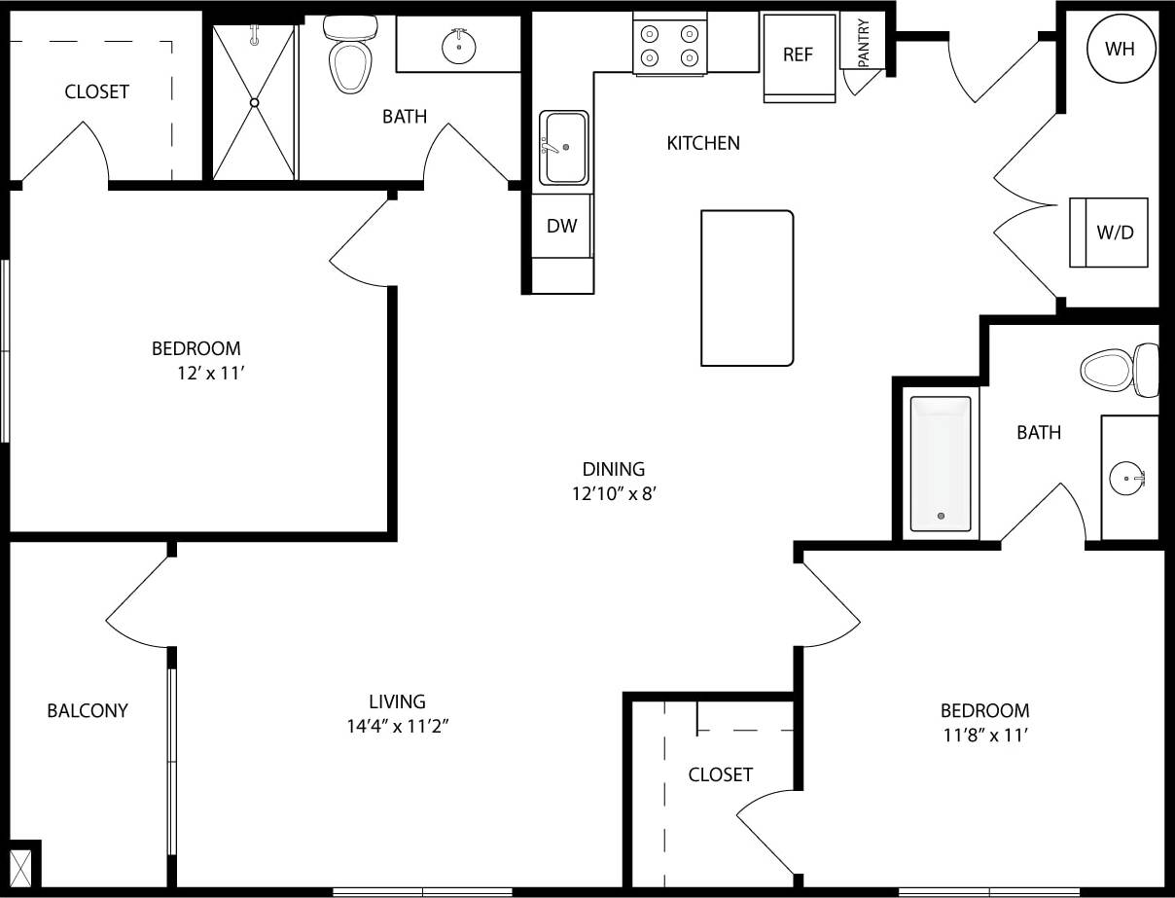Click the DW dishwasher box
(561, 227)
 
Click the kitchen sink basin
(564, 147)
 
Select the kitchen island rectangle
(746, 288)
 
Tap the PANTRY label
(863, 44)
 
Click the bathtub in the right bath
(940, 464)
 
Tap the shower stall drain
(255, 102)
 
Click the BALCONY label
(88, 711)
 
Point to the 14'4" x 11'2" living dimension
(397, 725)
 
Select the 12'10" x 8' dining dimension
(616, 493)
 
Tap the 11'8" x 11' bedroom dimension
(984, 736)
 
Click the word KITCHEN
(702, 143)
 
